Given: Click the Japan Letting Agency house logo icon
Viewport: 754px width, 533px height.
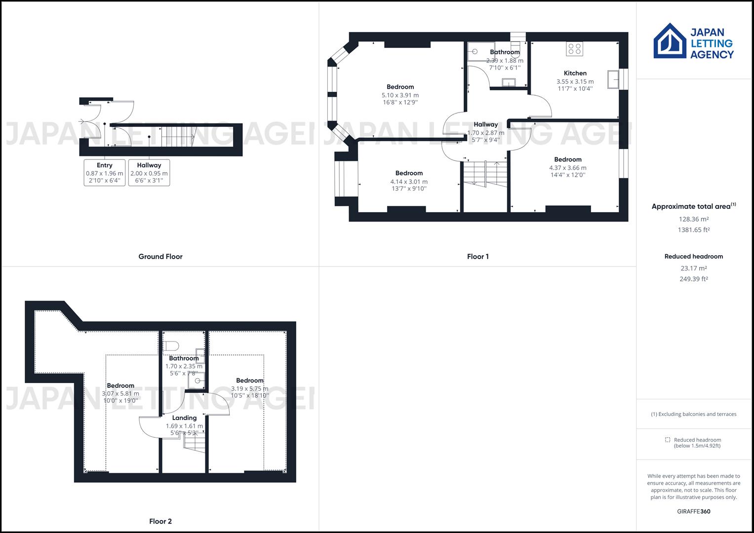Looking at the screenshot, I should (x=670, y=41).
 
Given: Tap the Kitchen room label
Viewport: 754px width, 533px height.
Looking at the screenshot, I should (x=575, y=73).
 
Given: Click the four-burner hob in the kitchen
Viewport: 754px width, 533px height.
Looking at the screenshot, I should (x=575, y=48).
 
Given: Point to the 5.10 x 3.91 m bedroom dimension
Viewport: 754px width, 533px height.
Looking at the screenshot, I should (x=400, y=95).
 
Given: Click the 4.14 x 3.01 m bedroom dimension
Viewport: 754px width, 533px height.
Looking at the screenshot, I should (x=409, y=182).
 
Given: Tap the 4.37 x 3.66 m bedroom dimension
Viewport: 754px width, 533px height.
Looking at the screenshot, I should (x=568, y=168).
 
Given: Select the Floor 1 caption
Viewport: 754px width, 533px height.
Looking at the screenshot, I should (x=477, y=257).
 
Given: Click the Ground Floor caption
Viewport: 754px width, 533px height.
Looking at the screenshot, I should (x=160, y=257).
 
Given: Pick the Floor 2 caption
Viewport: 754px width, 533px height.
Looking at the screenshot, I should (x=160, y=521).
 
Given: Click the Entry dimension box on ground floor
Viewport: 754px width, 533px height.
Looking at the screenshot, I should (x=105, y=173).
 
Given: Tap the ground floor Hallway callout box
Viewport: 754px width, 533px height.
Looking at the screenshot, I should (x=149, y=173).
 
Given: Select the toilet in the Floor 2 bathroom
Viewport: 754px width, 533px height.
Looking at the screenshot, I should (x=171, y=345).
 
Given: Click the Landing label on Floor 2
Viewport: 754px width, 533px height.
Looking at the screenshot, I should (x=184, y=418).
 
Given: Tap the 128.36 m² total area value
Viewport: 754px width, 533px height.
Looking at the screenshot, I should (x=694, y=219).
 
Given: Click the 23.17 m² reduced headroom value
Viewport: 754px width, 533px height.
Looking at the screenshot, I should (x=694, y=268).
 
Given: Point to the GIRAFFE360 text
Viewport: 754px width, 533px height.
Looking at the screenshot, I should (x=694, y=511).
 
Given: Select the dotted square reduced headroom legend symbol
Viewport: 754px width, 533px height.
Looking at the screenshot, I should (x=668, y=440).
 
